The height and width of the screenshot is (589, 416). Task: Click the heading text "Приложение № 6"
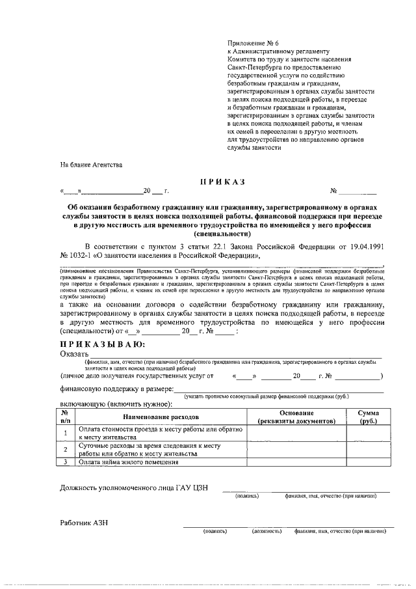click(253, 41)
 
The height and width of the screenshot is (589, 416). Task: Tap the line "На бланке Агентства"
click(91, 165)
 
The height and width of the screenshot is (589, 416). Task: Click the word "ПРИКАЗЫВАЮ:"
click(103, 344)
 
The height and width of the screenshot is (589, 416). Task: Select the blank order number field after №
click(357, 191)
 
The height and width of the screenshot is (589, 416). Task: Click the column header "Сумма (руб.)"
click(368, 417)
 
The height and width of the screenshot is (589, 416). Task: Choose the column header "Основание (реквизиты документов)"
click(296, 417)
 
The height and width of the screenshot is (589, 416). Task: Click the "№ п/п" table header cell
click(66, 417)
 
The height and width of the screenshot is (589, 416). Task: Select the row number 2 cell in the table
click(66, 450)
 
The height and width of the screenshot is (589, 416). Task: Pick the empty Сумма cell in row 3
click(368, 463)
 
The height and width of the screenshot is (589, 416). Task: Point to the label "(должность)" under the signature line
click(266, 531)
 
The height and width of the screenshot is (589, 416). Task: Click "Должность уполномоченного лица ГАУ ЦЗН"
click(133, 488)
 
